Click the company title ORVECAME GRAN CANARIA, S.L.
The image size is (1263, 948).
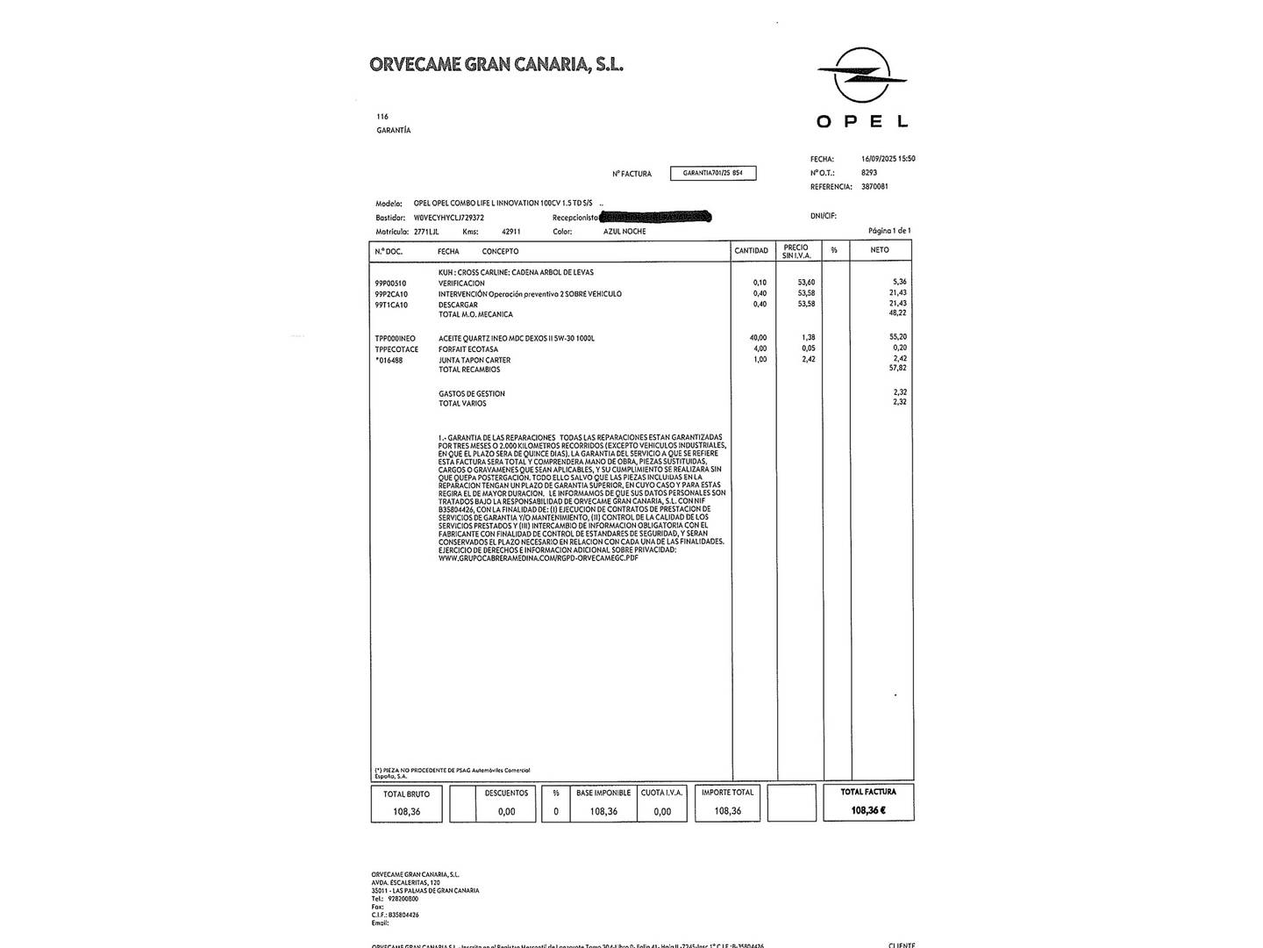[496, 64]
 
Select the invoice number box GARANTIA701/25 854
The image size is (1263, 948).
[712, 174]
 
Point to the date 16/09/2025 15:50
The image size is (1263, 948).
[888, 159]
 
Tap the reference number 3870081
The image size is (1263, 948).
[874, 187]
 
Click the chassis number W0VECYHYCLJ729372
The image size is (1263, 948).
[448, 218]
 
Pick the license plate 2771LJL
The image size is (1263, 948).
[426, 232]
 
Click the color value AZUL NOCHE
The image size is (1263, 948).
[624, 232]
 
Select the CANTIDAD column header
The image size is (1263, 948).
[752, 251]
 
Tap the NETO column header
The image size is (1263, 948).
[880, 250]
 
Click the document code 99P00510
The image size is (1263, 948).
[390, 284]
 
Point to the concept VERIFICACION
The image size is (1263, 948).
[461, 284]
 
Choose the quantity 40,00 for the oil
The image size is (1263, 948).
[758, 338]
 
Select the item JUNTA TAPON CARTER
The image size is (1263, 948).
[475, 360]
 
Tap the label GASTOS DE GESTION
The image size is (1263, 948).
[472, 394]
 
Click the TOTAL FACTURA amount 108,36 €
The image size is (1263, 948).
[868, 810]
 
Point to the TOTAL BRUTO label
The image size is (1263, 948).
[407, 794]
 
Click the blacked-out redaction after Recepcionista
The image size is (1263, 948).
[655, 216]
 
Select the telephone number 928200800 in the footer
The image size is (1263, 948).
[402, 899]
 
